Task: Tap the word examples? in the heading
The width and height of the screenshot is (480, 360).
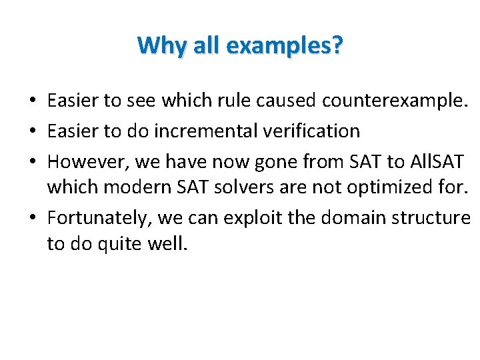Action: pyautogui.click(x=285, y=45)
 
